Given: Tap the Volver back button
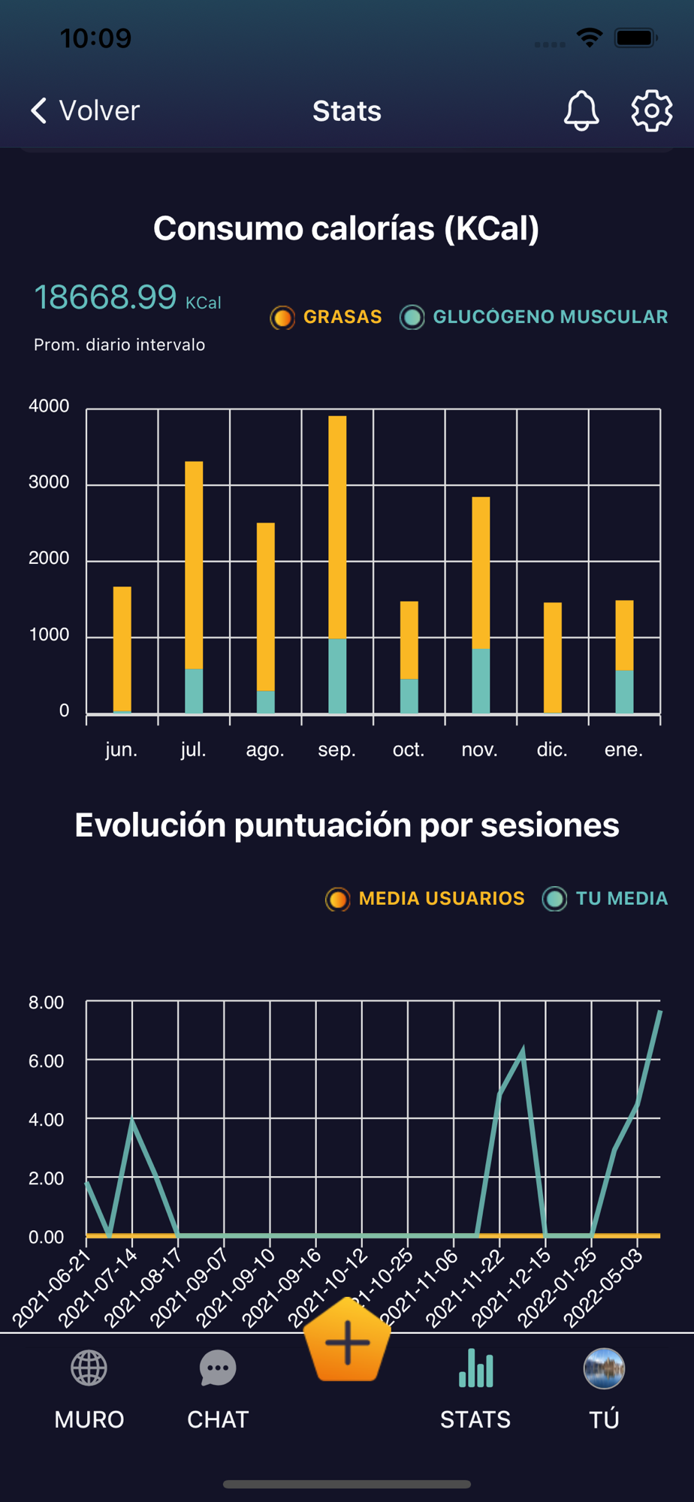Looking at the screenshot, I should pyautogui.click(x=85, y=110).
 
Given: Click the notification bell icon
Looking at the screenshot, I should pyautogui.click(x=581, y=111).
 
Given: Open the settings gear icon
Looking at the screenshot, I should pyautogui.click(x=651, y=111).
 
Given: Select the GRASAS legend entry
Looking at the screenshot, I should pyautogui.click(x=327, y=317).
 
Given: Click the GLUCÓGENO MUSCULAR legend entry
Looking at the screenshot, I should pyautogui.click(x=534, y=317).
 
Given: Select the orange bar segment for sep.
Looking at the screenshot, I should pyautogui.click(x=337, y=526).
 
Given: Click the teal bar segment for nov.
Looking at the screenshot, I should pyautogui.click(x=481, y=680).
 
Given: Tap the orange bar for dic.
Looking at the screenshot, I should pyautogui.click(x=553, y=657).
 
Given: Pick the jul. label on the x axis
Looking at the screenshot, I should pyautogui.click(x=193, y=749).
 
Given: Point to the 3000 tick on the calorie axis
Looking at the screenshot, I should pyautogui.click(x=49, y=482).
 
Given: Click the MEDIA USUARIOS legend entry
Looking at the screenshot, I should pyautogui.click(x=425, y=898).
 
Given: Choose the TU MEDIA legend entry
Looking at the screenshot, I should pyautogui.click(x=605, y=898).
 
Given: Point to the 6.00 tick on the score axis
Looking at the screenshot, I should pyautogui.click(x=47, y=1060).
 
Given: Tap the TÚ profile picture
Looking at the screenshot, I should pyautogui.click(x=604, y=1369).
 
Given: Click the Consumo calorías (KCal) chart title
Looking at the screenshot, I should pyautogui.click(x=346, y=228).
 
